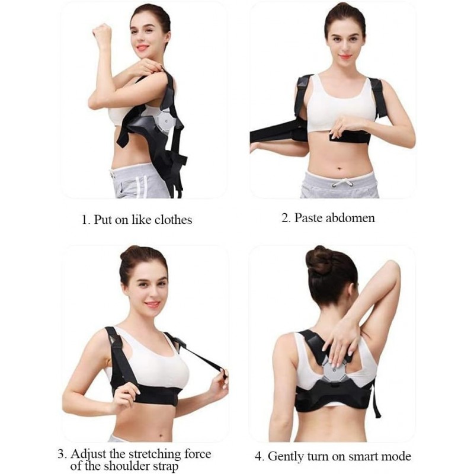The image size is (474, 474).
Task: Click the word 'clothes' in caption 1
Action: tap(173, 220)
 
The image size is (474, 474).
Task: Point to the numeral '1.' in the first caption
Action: tap(86, 220)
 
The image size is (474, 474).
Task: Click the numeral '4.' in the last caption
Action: tap(260, 456)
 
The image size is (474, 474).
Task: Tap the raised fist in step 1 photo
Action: tap(102, 32)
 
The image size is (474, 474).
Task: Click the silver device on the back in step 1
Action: tap(165, 121)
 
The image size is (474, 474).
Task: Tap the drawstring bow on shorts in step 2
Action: tap(343, 183)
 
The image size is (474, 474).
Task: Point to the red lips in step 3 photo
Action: tap(153, 304)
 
